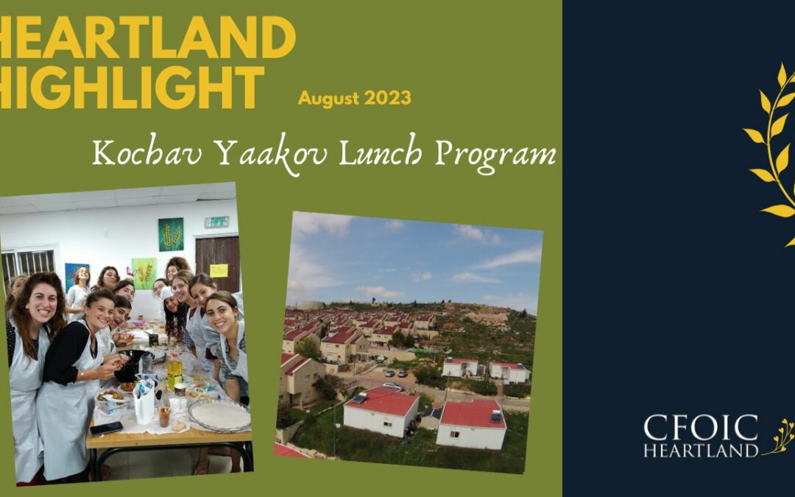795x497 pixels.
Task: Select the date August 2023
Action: click(354, 98)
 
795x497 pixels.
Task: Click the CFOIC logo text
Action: click(700, 428)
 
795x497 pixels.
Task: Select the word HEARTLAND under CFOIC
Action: click(700, 450)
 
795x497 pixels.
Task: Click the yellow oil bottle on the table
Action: click(174, 369)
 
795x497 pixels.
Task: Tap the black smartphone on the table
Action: click(106, 427)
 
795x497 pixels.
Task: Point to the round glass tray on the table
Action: click(219, 415)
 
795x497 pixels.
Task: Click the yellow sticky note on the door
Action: click(219, 270)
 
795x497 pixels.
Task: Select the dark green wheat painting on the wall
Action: click(171, 234)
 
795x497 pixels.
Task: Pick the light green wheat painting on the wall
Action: click(144, 272)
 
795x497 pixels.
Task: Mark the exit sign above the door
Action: click(216, 222)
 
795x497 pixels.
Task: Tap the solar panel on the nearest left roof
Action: click(358, 398)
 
